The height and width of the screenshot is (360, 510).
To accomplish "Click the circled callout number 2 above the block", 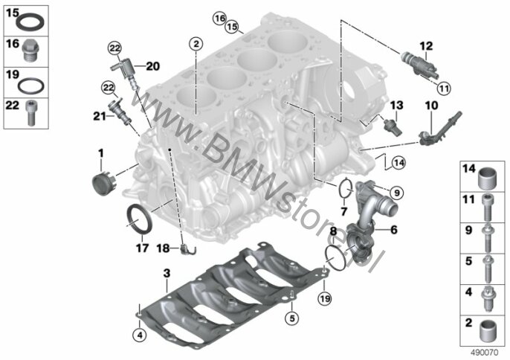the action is click(x=196, y=44).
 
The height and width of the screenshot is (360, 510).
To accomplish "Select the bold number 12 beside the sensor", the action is click(x=426, y=46).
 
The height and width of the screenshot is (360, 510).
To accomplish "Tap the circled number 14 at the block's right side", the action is click(x=398, y=163).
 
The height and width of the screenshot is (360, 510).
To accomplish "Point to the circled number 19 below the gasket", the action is click(x=326, y=298).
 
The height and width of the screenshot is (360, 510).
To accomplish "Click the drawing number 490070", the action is click(x=485, y=353).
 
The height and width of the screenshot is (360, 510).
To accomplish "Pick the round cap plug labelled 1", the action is click(x=103, y=184).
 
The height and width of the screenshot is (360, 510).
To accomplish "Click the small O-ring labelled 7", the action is click(x=346, y=189).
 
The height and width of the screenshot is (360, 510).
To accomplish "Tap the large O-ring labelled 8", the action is click(x=336, y=259).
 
